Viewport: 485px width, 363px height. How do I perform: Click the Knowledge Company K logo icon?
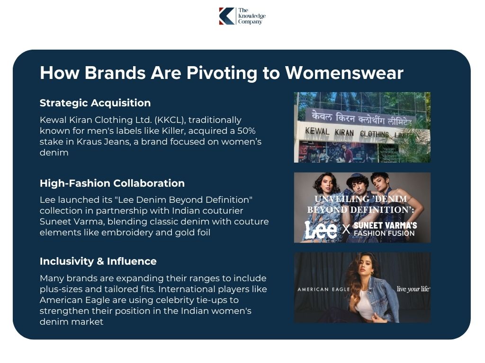pyautogui.click(x=226, y=16)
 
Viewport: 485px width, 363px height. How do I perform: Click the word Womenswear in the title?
pyautogui.click(x=344, y=73)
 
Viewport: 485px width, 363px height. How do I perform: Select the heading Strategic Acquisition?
pyautogui.click(x=95, y=103)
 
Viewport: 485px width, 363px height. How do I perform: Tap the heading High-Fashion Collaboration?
pyautogui.click(x=112, y=183)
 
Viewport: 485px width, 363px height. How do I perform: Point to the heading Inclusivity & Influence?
pyautogui.click(x=98, y=261)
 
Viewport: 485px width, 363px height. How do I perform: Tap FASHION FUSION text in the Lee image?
pyautogui.click(x=384, y=233)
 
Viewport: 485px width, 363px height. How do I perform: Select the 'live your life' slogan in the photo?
pyautogui.click(x=413, y=289)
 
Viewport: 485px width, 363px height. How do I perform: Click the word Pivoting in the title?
pyautogui.click(x=218, y=73)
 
